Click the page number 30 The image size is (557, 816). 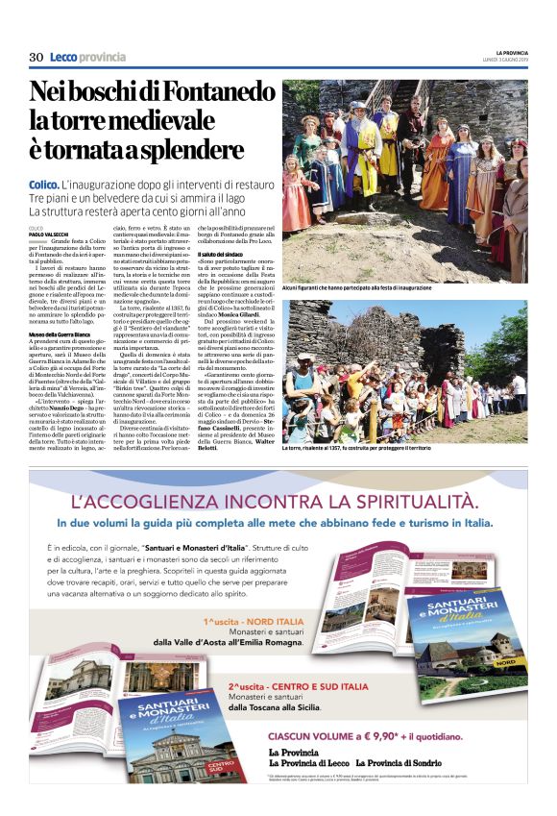36,58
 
